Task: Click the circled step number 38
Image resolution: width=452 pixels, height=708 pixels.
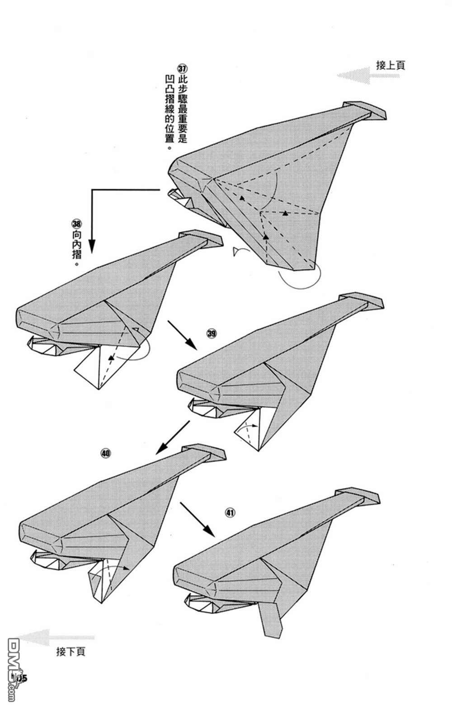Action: click(76, 224)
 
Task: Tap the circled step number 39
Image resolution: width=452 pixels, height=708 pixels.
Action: click(212, 334)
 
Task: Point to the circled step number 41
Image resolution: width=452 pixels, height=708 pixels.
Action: click(230, 512)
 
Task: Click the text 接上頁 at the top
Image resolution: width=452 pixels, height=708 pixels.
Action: click(391, 65)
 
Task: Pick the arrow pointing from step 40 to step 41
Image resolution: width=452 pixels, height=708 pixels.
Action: click(197, 518)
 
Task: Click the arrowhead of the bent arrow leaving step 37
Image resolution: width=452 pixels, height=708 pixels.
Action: click(92, 246)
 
